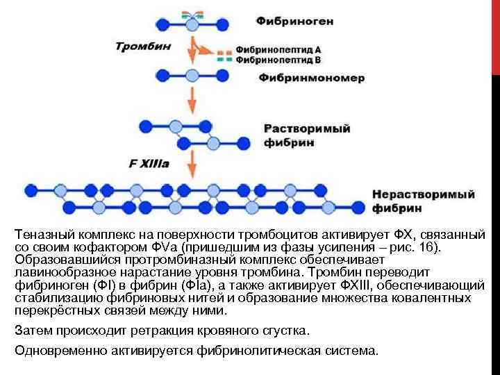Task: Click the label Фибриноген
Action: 294,21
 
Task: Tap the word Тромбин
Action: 143,47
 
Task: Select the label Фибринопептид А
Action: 278,50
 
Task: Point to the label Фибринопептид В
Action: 278,60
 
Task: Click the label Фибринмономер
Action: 312,78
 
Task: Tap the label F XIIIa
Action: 148,164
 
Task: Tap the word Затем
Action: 31,328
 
